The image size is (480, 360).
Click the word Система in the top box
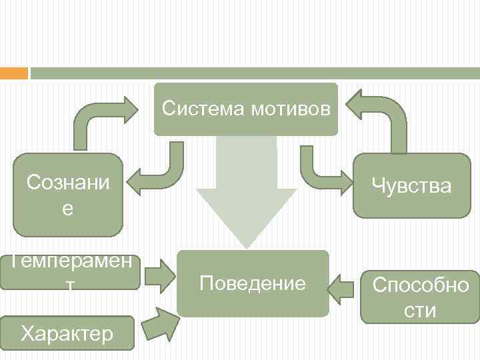(x=203, y=108)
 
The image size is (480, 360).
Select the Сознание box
(x=68, y=195)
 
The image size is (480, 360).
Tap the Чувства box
(x=411, y=185)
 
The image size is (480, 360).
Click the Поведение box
(x=253, y=283)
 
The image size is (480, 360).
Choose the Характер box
(x=67, y=333)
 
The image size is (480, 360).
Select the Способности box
(x=421, y=297)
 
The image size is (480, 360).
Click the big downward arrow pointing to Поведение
(x=246, y=193)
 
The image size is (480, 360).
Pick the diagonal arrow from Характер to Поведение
(x=159, y=324)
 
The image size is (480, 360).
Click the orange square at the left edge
(x=14, y=73)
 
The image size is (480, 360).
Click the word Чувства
(x=411, y=185)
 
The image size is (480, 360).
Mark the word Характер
(x=67, y=333)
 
